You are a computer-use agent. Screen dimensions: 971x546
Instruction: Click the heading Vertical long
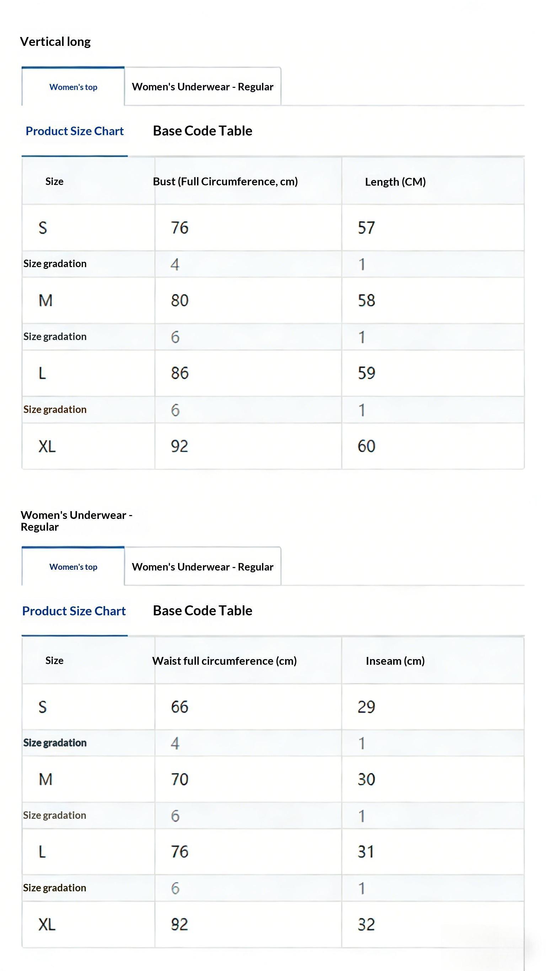[x=55, y=42]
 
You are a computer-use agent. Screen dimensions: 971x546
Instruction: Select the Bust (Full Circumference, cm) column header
[x=225, y=182]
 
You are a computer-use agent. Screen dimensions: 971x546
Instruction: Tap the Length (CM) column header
[x=395, y=182]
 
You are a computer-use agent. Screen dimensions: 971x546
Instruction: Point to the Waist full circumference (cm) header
[x=225, y=661]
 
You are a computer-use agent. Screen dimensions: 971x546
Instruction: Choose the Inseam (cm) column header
[x=395, y=661]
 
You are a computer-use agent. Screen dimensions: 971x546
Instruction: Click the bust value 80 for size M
[x=180, y=301]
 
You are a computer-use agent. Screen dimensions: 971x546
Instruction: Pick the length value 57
[x=366, y=228]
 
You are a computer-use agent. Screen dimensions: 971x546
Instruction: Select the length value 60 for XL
[x=366, y=446]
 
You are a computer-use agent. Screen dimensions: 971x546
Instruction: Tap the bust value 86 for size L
[x=180, y=373]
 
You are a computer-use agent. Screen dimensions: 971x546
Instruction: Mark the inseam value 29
[x=366, y=707]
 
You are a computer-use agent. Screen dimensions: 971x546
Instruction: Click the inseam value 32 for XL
[x=366, y=924]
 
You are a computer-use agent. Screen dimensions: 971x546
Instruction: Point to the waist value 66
[x=180, y=707]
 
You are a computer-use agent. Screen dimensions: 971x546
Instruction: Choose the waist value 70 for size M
[x=180, y=779]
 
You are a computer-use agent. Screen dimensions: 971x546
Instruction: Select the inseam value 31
[x=365, y=852]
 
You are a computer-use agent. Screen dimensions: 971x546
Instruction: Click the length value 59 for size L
[x=366, y=373]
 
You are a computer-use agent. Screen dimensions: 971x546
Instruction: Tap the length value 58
[x=366, y=301]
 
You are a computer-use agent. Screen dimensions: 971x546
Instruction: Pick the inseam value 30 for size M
[x=366, y=779]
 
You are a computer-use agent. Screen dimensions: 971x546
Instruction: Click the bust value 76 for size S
[x=180, y=228]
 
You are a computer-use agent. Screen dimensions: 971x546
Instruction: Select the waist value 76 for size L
[x=180, y=852]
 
